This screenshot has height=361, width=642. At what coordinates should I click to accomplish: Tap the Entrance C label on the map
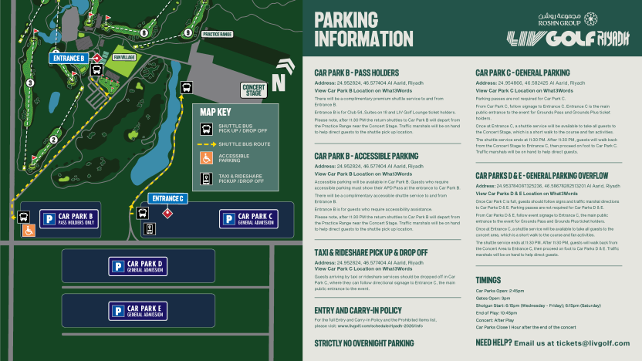[x=167, y=198]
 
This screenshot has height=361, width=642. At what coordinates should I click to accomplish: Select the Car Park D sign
[x=147, y=266]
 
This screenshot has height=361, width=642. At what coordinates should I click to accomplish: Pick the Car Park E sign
[x=147, y=310]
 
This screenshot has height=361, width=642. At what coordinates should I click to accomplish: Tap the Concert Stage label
[x=253, y=90]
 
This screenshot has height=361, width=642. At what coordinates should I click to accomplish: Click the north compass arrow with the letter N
[x=278, y=79]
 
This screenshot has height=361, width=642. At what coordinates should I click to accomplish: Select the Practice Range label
[x=217, y=34]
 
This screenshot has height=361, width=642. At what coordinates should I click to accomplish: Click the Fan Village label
[x=123, y=57]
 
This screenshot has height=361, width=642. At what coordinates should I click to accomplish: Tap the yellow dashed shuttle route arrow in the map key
[x=206, y=144]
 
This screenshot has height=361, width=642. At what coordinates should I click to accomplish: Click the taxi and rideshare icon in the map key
[x=206, y=178]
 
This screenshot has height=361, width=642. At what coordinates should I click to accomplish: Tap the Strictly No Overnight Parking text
[x=364, y=343]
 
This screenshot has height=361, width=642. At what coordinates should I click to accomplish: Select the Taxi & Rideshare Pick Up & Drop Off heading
[x=371, y=252]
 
